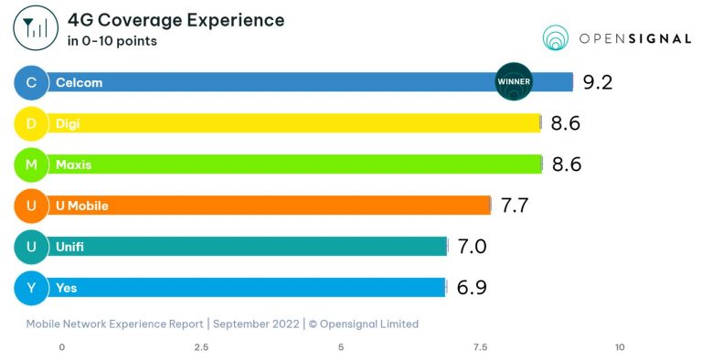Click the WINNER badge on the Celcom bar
[513, 81]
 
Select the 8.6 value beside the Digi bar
[566, 123]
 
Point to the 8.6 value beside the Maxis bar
[566, 164]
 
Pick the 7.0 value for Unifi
[472, 247]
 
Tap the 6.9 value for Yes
[471, 288]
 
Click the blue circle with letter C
[31, 82]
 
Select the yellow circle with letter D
[31, 123]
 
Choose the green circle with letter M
[31, 164]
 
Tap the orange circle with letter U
[31, 206]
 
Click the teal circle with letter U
[31, 247]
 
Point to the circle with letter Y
[31, 288]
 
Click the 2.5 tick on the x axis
[201, 347]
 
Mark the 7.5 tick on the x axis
[480, 347]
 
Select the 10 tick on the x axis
[620, 347]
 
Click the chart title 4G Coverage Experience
[175, 20]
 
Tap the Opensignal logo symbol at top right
[555, 37]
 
